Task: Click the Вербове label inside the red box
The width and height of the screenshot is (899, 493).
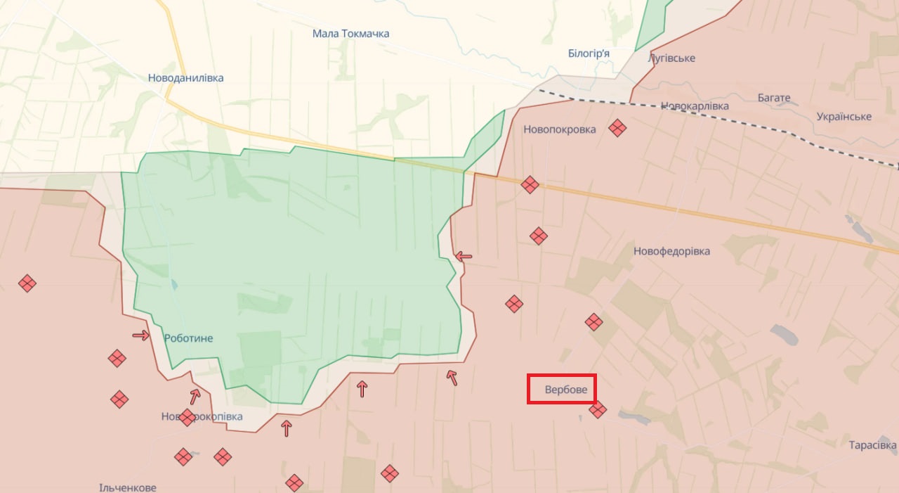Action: pos(565,390)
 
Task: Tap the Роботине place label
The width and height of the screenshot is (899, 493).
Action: pos(188,338)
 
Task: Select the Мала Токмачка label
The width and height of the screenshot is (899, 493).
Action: pos(350,34)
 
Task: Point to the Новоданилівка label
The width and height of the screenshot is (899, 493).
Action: pos(185,78)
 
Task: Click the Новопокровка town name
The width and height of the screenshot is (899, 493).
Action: pos(559,129)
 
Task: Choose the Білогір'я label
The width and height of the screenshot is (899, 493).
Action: pos(588,53)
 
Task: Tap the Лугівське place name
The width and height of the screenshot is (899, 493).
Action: pos(672,58)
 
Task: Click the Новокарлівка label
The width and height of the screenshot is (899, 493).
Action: pos(695,106)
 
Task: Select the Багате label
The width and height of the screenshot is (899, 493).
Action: pos(774,98)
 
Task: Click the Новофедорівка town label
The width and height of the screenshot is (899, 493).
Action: pos(671,251)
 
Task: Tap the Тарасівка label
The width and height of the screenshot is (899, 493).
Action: pos(872,445)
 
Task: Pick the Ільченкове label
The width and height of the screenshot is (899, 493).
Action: pos(127,487)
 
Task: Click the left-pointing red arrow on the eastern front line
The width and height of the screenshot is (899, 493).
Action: pos(464,257)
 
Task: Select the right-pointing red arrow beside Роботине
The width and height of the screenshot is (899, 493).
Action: pos(141,335)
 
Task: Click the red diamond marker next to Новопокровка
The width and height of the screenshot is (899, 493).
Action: pos(617,128)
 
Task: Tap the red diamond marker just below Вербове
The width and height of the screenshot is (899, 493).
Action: pos(598,409)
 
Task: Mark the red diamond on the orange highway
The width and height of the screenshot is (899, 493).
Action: pos(530,185)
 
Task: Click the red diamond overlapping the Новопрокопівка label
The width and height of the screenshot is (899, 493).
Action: pos(187,418)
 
